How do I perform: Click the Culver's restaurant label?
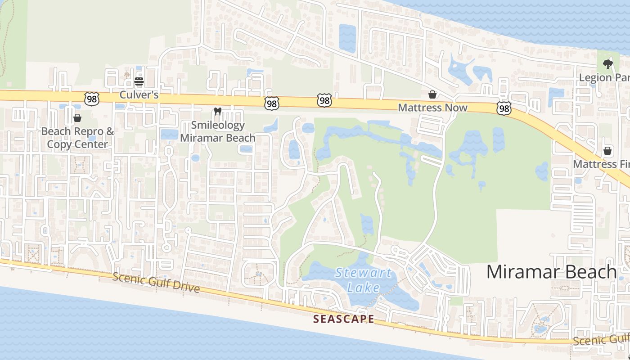[139, 95]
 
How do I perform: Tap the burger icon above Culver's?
[139, 81]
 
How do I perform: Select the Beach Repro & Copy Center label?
[77, 138]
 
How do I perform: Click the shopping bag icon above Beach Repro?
[77, 118]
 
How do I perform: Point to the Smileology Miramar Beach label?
[218, 131]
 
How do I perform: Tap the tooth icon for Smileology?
[218, 111]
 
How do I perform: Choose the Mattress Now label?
[432, 108]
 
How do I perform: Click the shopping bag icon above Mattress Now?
[432, 94]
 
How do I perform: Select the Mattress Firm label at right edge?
[601, 164]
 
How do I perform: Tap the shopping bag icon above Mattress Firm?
[607, 151]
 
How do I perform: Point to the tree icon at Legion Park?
[607, 64]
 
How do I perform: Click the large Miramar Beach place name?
[551, 272]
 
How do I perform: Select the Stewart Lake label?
[364, 280]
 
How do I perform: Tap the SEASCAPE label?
[343, 319]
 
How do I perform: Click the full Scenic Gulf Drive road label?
[156, 282]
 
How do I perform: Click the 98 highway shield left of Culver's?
[92, 99]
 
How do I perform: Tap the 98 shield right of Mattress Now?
[504, 108]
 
